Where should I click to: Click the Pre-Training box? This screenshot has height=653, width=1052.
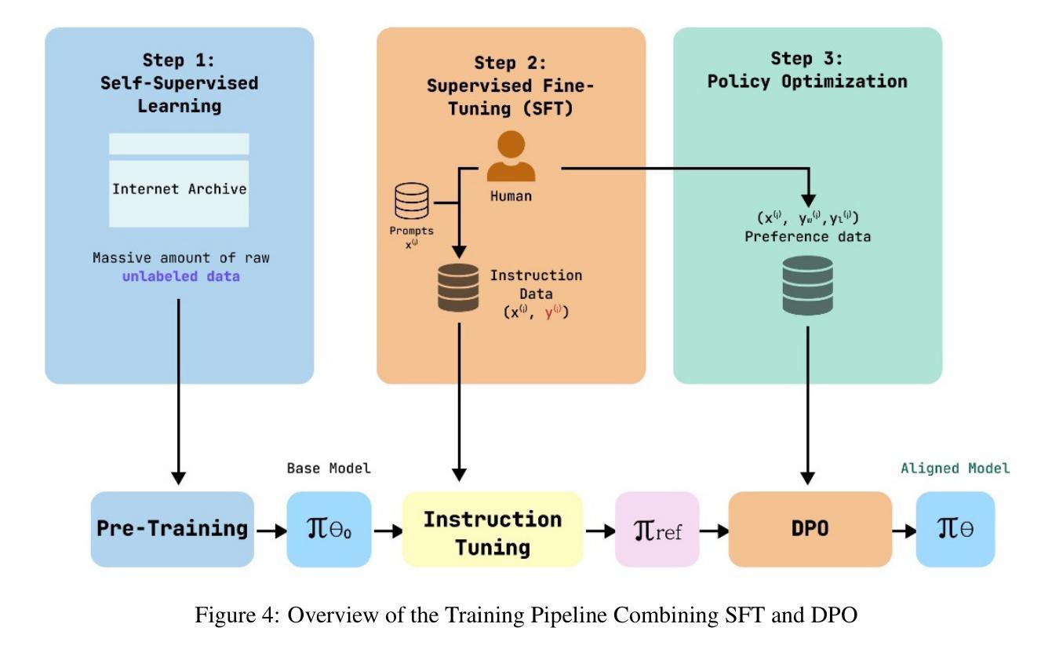coord(172,529)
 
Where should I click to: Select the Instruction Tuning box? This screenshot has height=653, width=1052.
coord(492,531)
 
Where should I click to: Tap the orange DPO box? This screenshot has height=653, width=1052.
coord(810,529)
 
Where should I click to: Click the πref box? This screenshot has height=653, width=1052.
coord(657,530)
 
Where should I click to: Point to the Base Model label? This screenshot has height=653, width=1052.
coord(328,469)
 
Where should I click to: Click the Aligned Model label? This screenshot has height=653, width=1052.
coord(955,469)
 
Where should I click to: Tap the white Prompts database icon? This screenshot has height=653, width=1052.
coord(412,202)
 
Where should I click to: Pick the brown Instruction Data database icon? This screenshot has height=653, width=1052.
coord(458,287)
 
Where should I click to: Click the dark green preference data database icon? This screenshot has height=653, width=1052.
coord(807,285)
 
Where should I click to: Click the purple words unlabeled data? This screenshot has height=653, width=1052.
coord(180,275)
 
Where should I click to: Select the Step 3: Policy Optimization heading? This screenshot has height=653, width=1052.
coord(807,70)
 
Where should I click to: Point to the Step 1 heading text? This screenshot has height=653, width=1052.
coord(179,82)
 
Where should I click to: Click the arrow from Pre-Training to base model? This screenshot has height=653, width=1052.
coord(271,531)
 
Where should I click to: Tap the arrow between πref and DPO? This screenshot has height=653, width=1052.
coord(714,531)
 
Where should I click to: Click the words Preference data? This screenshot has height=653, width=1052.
coord(807,236)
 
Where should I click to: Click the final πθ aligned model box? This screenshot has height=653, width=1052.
coord(955,530)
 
